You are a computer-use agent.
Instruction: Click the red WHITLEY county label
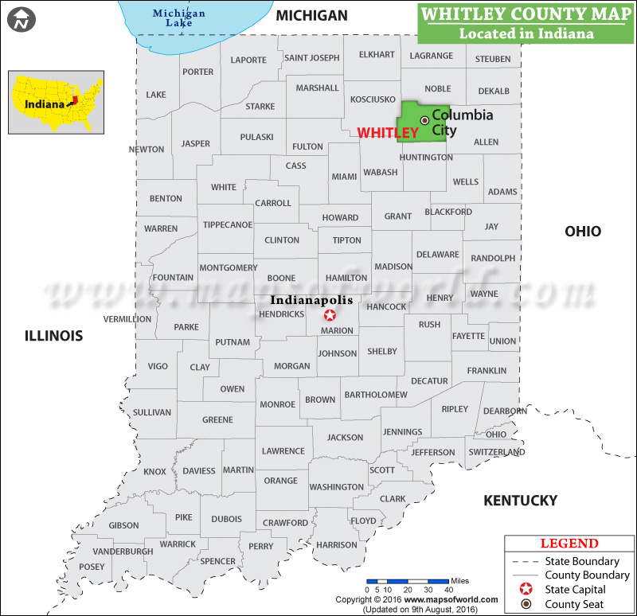coord(388,133)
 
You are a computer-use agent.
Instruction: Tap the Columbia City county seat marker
coord(424,120)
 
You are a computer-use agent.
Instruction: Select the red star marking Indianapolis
coord(330,315)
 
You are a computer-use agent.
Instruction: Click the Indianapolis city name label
coord(311,301)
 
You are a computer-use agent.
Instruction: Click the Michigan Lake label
coord(178,18)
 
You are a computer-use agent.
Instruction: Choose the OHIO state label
coord(583,232)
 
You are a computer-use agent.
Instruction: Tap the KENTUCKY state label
coord(521,501)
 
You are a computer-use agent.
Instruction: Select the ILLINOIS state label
coord(53,336)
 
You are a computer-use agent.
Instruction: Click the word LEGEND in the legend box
coord(569,544)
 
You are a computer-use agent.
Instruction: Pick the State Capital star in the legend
coord(526,590)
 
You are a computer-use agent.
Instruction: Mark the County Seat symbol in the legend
coord(526,604)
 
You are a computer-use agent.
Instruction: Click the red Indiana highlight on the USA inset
coord(73,100)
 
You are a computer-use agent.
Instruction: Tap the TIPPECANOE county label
coord(228,225)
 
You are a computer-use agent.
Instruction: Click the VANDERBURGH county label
coord(123,552)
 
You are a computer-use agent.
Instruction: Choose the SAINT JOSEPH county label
coord(312,57)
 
